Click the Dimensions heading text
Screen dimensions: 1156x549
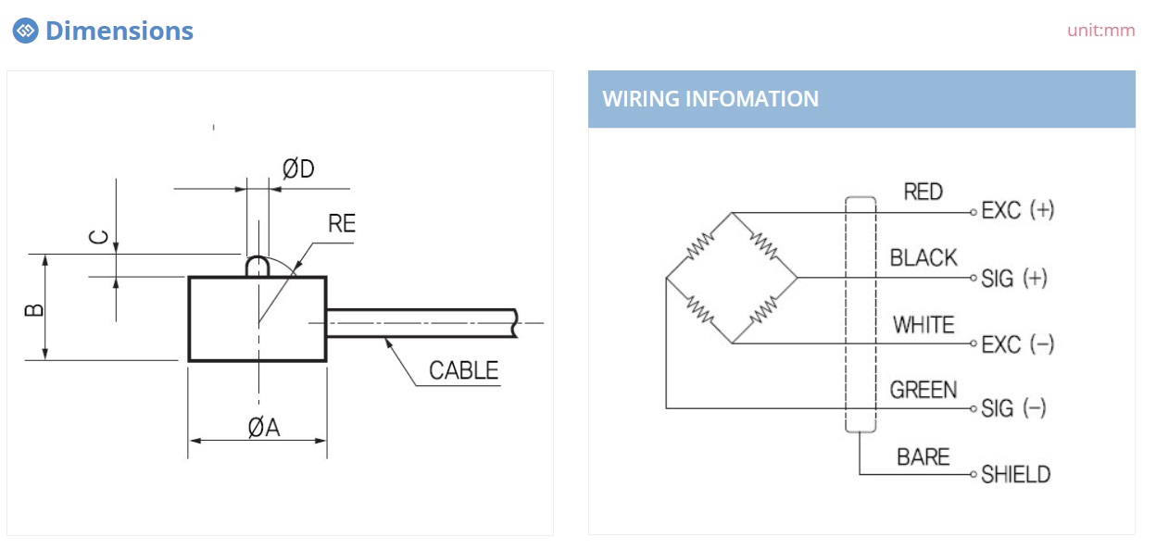(x=119, y=31)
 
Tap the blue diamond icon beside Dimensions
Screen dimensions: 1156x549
(x=25, y=31)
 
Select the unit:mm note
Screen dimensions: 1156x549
(x=1100, y=31)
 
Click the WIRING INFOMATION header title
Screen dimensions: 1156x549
(x=710, y=98)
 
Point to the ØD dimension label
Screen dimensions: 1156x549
(x=298, y=168)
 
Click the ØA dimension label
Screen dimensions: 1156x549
(x=264, y=427)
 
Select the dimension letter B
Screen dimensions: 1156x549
(x=34, y=309)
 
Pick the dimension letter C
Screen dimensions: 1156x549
(x=98, y=237)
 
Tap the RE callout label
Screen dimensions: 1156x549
(x=342, y=223)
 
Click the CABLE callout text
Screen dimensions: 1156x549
(x=463, y=370)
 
